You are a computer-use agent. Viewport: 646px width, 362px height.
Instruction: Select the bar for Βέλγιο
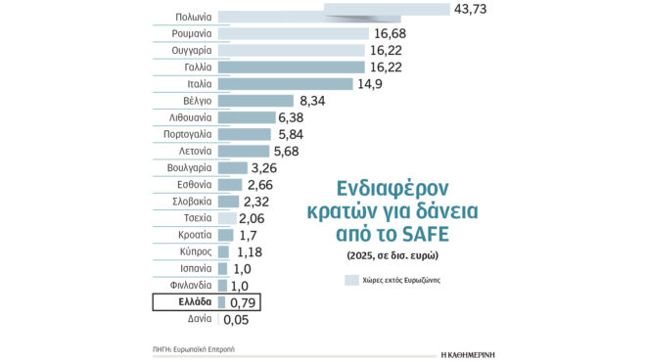point(255,101)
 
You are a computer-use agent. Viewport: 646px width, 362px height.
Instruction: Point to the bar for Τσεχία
point(226,218)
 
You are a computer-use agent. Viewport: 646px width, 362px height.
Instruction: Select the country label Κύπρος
point(191,251)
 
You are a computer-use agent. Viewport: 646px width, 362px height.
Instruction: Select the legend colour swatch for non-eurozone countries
point(352,280)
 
